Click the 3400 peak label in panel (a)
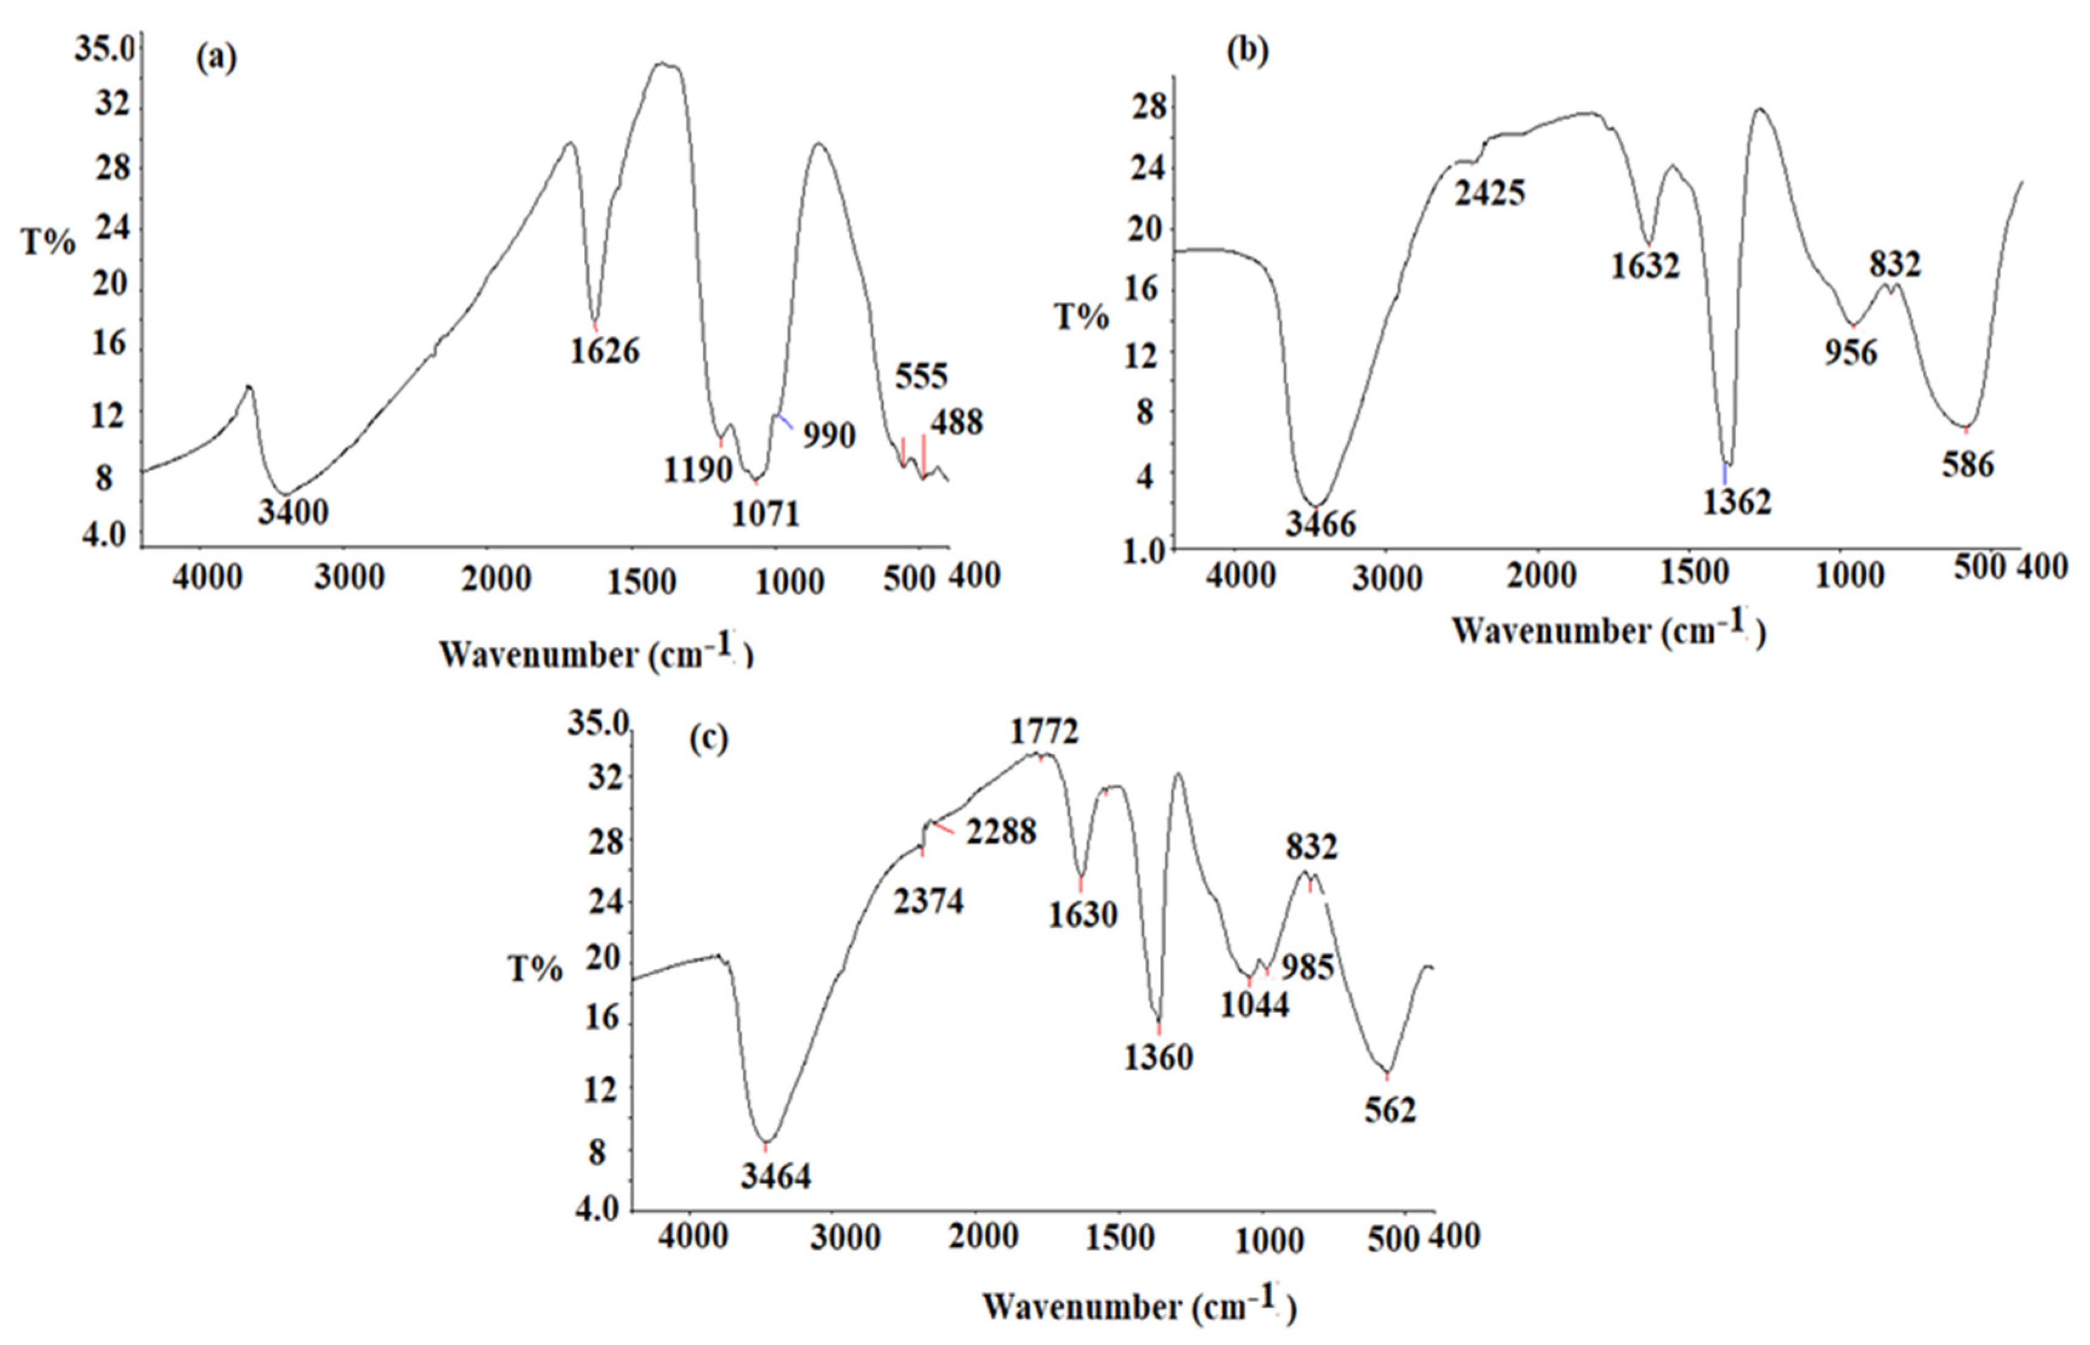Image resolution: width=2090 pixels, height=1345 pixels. (293, 512)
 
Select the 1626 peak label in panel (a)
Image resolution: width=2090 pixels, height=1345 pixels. (605, 351)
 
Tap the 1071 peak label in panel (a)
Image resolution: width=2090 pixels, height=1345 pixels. (766, 514)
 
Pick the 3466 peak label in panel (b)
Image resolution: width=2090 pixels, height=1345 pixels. (1320, 523)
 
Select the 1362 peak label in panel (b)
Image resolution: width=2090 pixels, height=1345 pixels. (1737, 502)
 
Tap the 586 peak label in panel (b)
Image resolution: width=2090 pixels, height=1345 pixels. (1968, 465)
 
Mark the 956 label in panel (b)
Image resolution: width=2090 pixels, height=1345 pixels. (1851, 353)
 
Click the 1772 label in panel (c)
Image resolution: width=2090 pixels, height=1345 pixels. (1044, 731)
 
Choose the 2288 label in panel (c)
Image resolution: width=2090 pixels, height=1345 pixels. (1001, 831)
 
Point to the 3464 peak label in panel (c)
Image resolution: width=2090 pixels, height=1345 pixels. (776, 1176)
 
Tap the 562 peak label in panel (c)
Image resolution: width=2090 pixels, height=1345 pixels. (1389, 1110)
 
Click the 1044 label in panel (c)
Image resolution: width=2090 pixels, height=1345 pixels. (1254, 1005)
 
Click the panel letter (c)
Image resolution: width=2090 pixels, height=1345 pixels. (708, 739)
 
